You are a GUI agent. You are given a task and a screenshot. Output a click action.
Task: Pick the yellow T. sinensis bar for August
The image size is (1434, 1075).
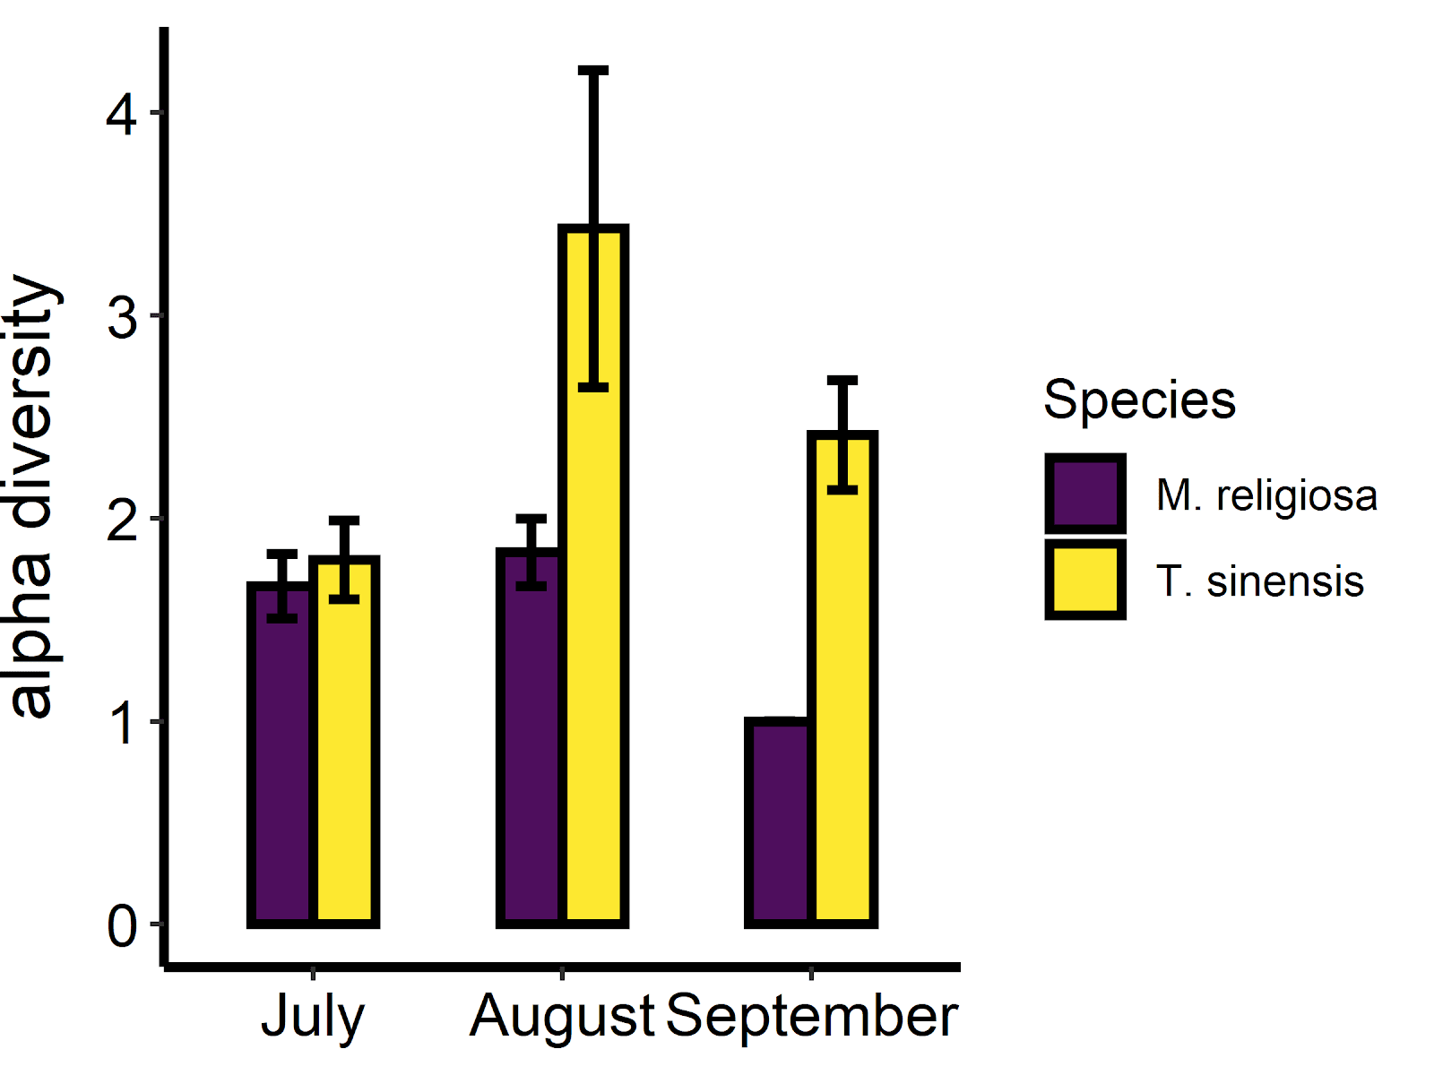(593, 627)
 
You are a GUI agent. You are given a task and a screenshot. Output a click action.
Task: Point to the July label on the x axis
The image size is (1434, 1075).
(313, 1018)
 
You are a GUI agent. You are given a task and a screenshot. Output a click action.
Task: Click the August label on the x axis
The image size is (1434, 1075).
(562, 1018)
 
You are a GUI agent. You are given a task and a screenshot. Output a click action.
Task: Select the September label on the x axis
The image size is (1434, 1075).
(812, 1016)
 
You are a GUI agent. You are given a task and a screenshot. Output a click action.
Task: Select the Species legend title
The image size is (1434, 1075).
(1139, 400)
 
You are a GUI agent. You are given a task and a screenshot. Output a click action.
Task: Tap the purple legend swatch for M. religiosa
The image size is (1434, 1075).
(1085, 494)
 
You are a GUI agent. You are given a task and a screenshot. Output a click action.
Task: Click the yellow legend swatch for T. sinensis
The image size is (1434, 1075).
(1085, 580)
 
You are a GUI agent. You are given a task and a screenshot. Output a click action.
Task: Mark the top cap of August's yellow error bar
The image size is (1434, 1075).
(593, 70)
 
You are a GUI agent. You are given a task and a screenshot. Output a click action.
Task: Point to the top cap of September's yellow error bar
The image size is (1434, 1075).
(842, 381)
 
